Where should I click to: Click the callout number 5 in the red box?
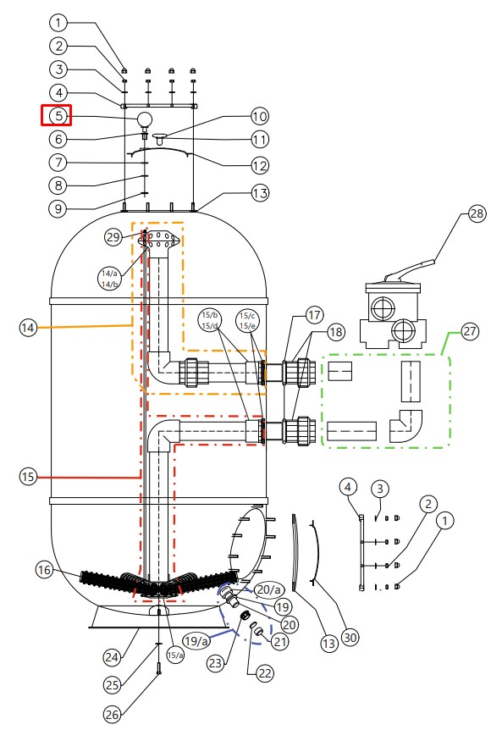58,115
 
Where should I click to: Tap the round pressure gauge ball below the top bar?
145,119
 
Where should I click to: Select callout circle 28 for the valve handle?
476,214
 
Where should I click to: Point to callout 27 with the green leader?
470,331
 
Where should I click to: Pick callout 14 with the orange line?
28,329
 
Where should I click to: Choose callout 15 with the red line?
28,477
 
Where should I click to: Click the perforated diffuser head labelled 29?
160,240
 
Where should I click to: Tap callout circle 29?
113,237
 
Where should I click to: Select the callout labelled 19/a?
196,641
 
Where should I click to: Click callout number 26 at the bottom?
111,714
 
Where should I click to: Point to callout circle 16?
45,570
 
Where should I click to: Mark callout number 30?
350,637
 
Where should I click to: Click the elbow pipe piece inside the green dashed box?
406,425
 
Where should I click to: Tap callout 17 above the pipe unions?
315,315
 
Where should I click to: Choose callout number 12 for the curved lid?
260,166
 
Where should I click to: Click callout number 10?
260,116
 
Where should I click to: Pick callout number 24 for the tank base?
111,657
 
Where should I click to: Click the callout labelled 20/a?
270,590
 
